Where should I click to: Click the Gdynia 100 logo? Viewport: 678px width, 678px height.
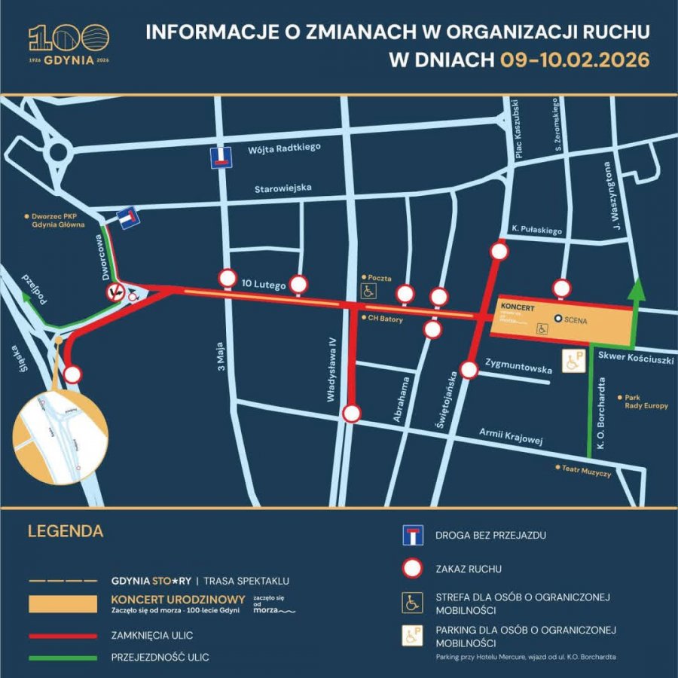69,44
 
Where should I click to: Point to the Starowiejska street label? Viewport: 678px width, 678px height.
283,188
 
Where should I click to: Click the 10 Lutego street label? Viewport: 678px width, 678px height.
264,286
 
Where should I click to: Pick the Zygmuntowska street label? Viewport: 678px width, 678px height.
520,369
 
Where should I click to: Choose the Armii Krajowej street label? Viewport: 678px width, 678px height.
512,436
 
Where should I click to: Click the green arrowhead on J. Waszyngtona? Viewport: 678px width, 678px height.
637,290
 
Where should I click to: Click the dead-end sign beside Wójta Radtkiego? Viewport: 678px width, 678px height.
221,157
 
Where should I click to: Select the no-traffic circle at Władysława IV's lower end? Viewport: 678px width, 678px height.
352,414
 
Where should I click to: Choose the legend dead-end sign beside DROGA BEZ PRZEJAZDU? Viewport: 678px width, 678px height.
411,536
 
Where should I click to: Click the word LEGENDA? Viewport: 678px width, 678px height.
66,531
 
